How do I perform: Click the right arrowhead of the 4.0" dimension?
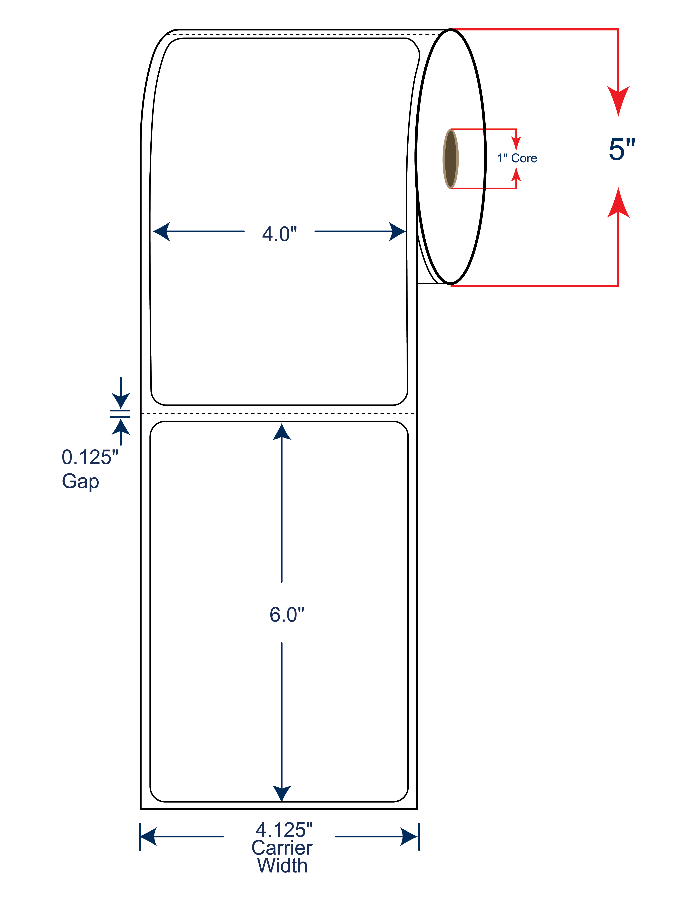(x=397, y=231)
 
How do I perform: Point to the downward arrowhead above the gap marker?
(x=121, y=401)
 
